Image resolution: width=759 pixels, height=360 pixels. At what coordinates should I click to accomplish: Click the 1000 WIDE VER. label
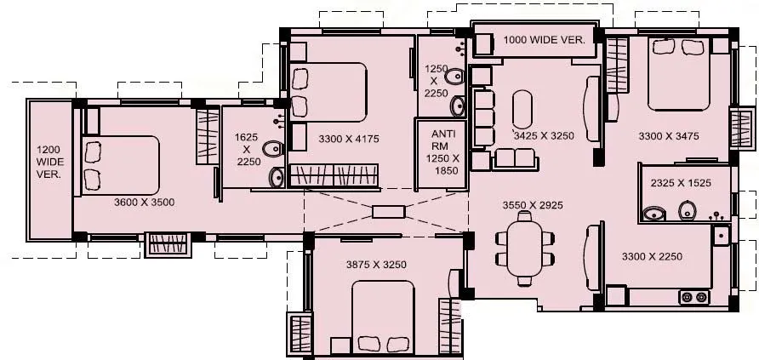pos(543,40)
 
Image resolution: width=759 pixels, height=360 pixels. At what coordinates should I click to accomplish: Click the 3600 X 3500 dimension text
pos(144,203)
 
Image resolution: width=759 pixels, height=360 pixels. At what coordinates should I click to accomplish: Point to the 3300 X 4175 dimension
pos(347,138)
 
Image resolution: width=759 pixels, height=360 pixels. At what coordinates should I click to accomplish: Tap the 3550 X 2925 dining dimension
pos(532,204)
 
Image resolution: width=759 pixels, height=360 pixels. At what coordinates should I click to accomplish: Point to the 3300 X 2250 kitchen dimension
pos(653,255)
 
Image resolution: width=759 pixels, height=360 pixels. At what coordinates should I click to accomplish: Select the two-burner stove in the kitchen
pos(693,297)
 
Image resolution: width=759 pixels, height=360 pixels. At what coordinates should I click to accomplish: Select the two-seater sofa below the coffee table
pos(515,157)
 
